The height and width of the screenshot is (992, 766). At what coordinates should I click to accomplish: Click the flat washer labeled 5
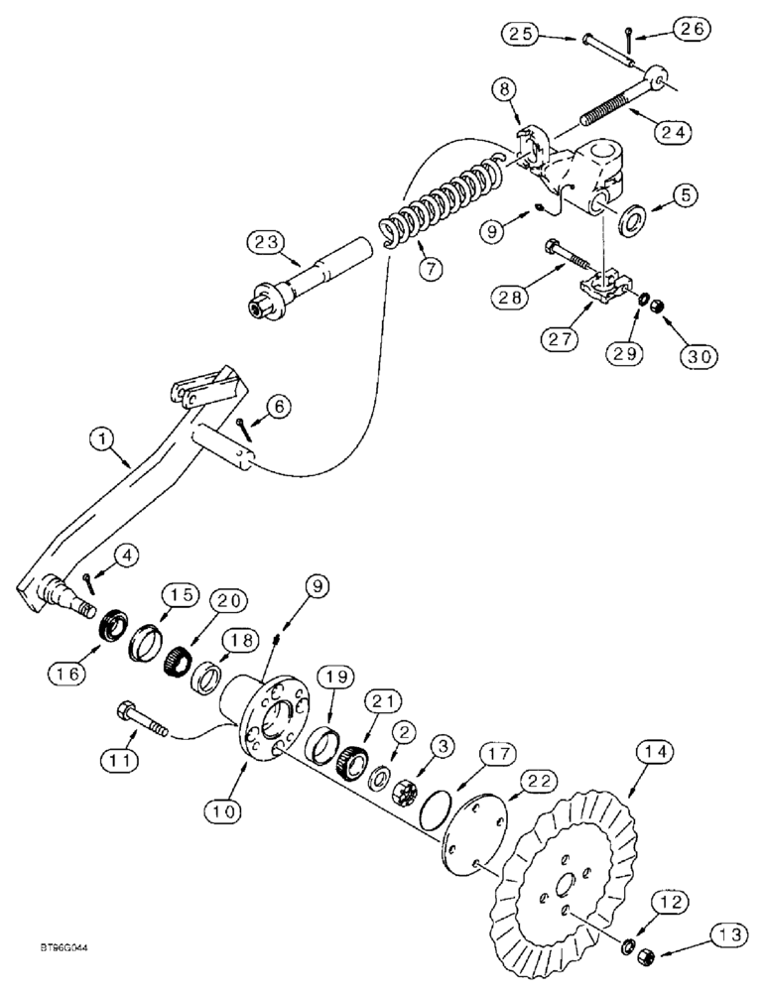point(632,218)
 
